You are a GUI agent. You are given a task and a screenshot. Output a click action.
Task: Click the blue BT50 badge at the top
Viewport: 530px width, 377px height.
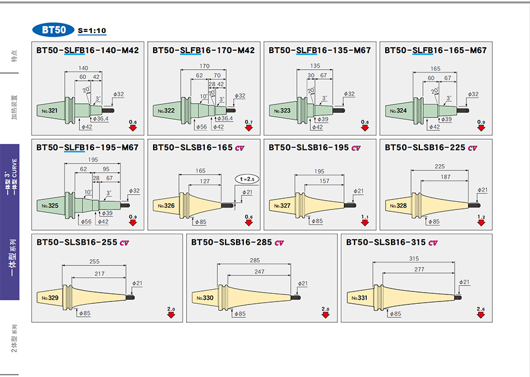click(54, 30)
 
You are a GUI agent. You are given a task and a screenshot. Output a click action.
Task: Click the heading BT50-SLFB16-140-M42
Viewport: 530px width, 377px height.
click(87, 51)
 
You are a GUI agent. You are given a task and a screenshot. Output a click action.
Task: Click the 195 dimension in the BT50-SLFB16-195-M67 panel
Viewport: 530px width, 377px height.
click(93, 160)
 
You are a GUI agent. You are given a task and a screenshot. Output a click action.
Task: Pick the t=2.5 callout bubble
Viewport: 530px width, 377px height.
click(248, 178)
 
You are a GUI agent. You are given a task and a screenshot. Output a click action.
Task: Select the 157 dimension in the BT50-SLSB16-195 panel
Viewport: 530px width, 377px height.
click(324, 181)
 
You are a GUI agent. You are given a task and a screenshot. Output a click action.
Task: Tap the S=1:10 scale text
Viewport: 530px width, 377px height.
click(92, 31)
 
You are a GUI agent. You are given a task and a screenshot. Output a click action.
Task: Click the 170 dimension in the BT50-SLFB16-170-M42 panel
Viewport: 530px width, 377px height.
click(204, 66)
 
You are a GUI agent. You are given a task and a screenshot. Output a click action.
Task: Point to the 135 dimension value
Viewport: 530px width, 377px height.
click(316, 66)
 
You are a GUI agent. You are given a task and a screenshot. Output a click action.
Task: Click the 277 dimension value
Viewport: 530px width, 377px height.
click(419, 269)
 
